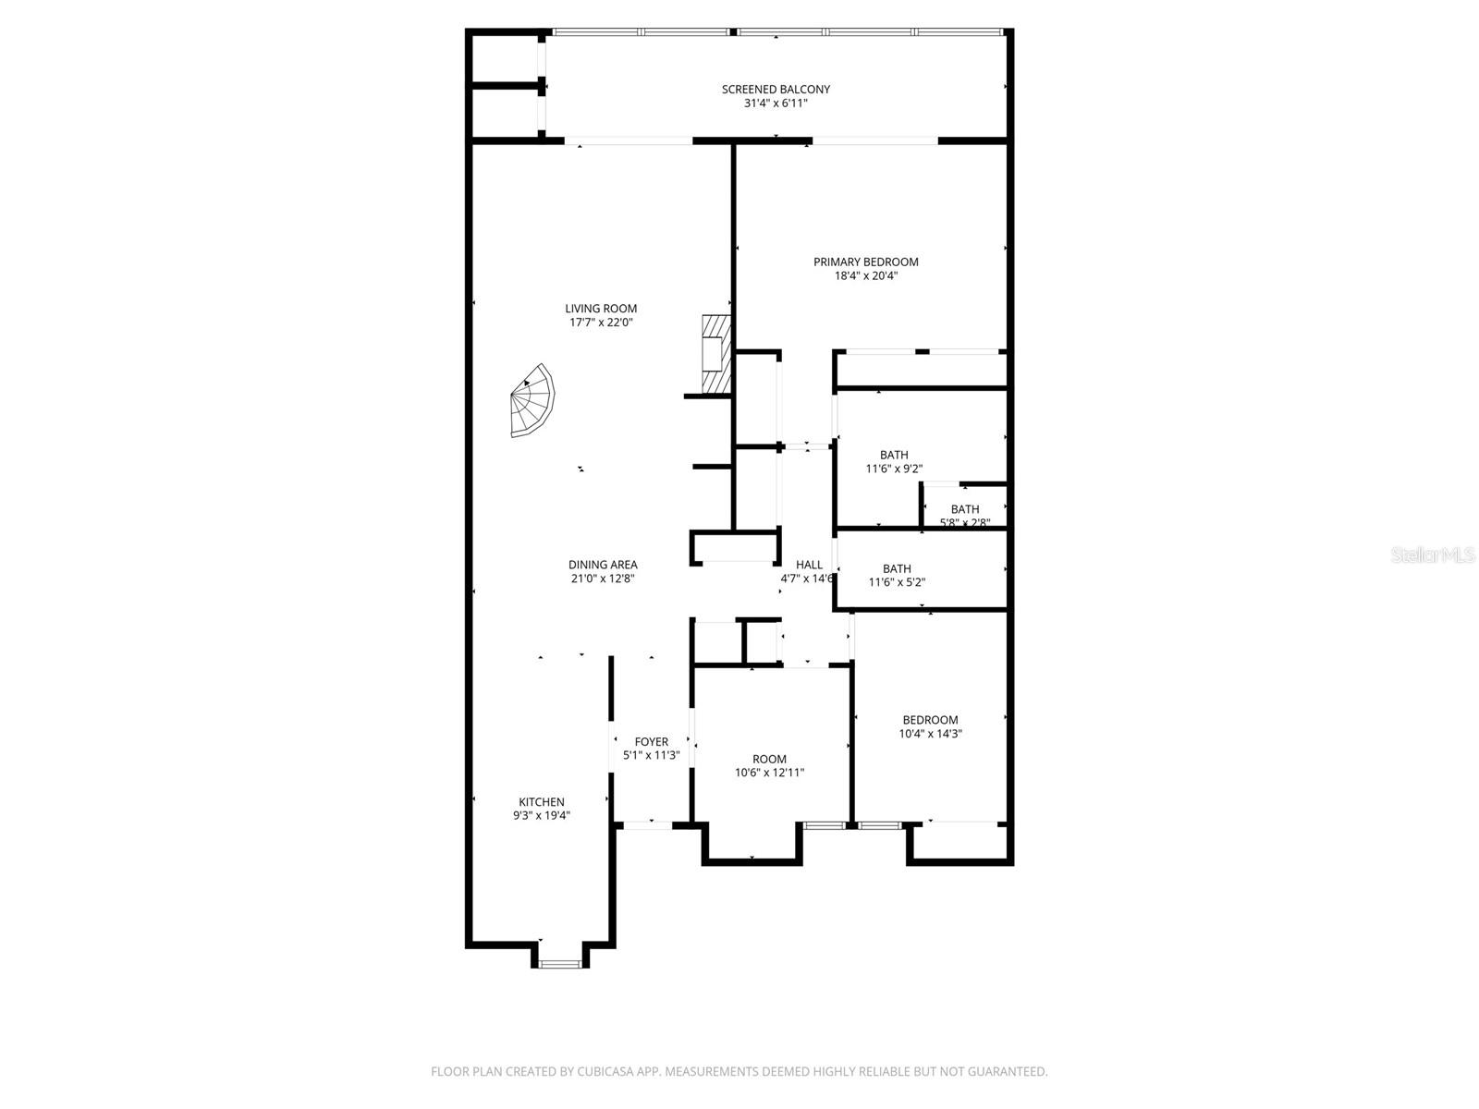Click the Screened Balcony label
tap(776, 90)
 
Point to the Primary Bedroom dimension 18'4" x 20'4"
tap(866, 275)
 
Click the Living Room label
tap(601, 309)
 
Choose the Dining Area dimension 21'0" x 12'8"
tap(602, 579)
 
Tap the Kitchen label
tap(541, 802)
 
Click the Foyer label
tap(651, 742)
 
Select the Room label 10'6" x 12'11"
tap(769, 760)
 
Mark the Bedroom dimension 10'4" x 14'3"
tap(930, 734)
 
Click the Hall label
tap(809, 565)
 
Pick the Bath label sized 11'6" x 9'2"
tap(894, 455)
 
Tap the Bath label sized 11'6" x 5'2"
tap(897, 569)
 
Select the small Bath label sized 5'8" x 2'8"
tap(965, 509)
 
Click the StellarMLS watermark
tap(1434, 555)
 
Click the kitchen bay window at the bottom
tap(560, 964)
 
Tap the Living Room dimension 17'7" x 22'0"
tap(601, 323)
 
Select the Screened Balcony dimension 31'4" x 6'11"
tap(776, 104)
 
